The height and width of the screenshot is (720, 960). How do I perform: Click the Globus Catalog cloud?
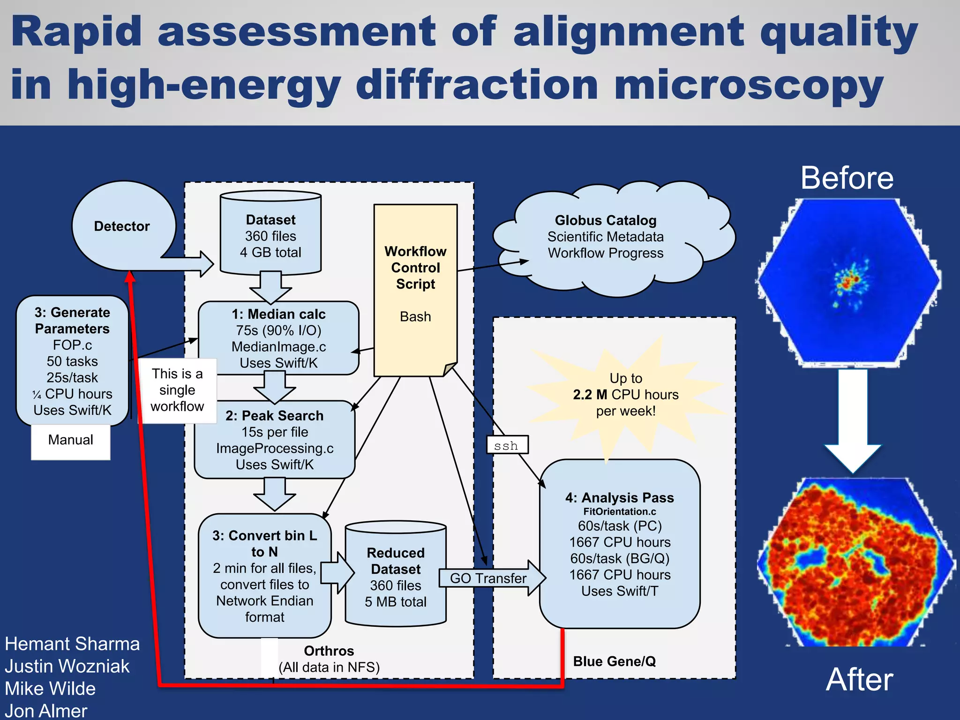(x=605, y=237)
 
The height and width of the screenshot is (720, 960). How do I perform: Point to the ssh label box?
(x=507, y=445)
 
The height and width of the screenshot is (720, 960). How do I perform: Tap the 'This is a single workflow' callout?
(x=178, y=390)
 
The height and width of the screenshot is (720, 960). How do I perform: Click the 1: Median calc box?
(x=278, y=338)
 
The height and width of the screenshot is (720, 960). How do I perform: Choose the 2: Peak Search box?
(x=275, y=440)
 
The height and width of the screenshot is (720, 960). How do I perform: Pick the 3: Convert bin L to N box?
(x=264, y=576)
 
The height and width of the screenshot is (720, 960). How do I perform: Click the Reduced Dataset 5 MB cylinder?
(x=396, y=577)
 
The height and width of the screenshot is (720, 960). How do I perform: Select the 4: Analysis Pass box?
(x=620, y=544)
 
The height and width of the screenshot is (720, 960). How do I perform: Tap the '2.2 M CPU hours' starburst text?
(x=625, y=395)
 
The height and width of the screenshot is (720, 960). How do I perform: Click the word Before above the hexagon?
(x=847, y=179)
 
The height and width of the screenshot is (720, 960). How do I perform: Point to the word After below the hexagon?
(x=859, y=679)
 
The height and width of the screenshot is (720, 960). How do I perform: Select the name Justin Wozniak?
(x=67, y=666)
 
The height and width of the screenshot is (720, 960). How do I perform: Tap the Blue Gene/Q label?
(x=614, y=661)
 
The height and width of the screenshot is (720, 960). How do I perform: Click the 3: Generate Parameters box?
(x=72, y=360)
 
